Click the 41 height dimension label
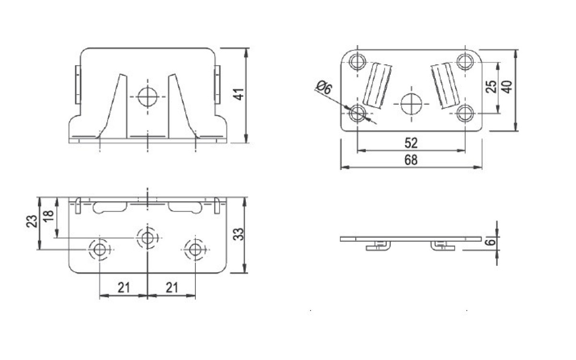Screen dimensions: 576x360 239,94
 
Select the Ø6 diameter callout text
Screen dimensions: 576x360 324,87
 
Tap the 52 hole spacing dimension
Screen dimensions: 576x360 411,143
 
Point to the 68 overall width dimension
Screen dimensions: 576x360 411,160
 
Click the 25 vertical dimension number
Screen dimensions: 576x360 491,86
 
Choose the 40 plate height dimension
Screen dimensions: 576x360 506,87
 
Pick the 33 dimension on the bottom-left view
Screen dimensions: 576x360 239,234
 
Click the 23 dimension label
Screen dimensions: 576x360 32,221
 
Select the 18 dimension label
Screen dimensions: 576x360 48,216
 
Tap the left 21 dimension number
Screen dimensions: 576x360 124,288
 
